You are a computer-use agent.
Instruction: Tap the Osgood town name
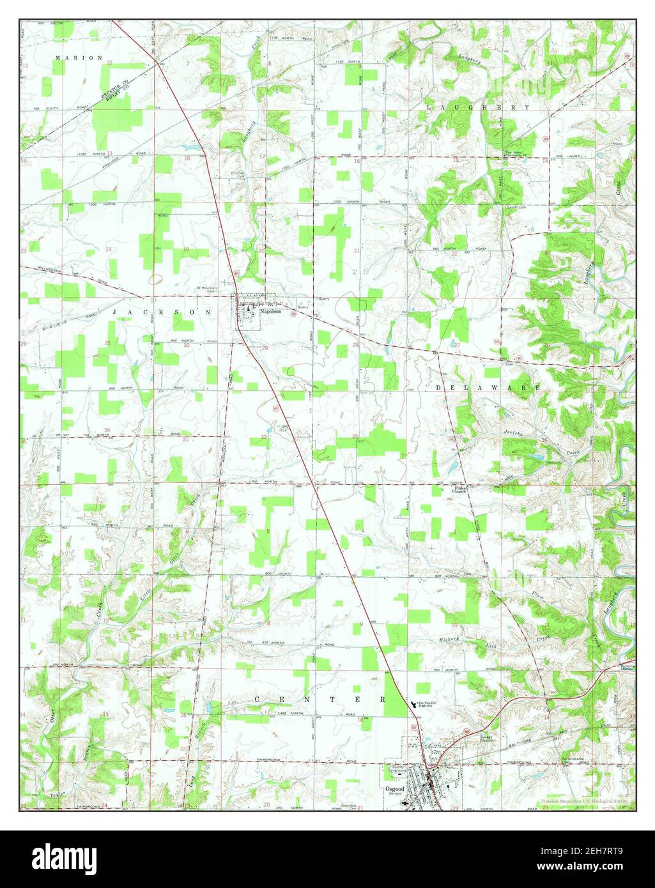396,790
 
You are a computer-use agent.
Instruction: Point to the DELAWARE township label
489,388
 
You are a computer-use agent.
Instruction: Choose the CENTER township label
320,700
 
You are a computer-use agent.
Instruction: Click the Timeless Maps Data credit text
584,800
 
